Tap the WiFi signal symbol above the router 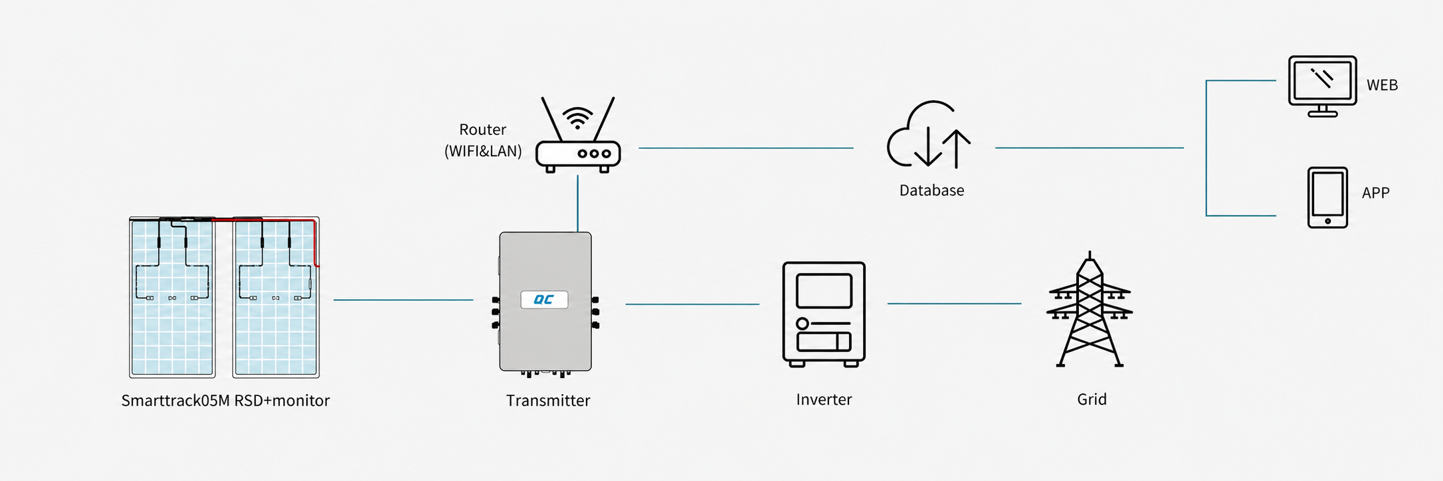click(578, 117)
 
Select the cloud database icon click(929, 135)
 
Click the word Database click(931, 191)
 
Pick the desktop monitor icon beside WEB click(1322, 86)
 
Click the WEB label click(1382, 85)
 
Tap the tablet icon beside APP click(1327, 198)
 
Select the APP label click(1375, 193)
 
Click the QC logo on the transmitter click(544, 300)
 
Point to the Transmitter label click(548, 401)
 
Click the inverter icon click(824, 314)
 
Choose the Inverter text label click(824, 399)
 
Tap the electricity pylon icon click(1090, 309)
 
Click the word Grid click(1092, 399)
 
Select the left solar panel click(172, 297)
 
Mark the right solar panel click(276, 297)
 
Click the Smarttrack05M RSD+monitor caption click(225, 401)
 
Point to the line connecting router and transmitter click(578, 203)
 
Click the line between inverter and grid click(954, 304)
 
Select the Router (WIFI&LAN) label click(483, 140)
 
